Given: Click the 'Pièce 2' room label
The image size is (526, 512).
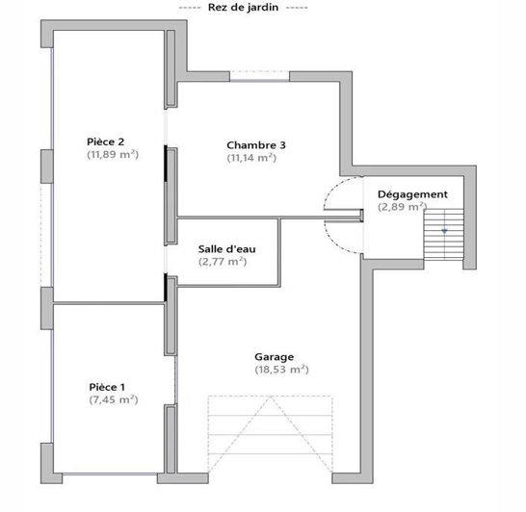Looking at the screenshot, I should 106,141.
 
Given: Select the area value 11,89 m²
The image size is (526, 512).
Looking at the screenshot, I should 113,154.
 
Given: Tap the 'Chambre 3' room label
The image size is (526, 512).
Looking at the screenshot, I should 256,145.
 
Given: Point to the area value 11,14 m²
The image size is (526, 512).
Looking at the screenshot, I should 251,158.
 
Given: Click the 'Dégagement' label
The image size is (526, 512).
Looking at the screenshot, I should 412,193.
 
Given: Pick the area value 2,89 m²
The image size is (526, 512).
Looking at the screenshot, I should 403,206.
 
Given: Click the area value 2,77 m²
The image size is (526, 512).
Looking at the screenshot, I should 223,261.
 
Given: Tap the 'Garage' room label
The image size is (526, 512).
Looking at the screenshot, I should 275,355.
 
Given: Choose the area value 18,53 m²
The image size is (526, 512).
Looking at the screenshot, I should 281,369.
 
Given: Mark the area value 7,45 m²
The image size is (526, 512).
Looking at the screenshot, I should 113,399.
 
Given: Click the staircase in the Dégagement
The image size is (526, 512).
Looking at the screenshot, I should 443,236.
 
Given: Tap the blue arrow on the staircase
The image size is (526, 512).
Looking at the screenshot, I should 444,231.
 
